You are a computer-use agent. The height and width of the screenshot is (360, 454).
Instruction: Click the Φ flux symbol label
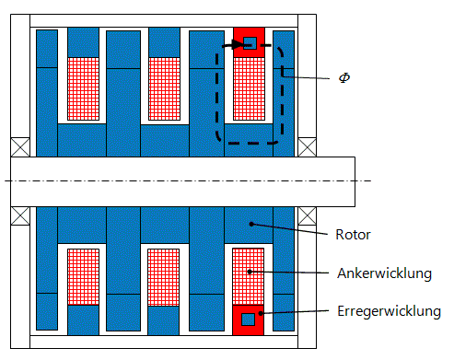click(x=344, y=79)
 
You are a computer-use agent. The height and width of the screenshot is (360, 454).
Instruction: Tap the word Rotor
click(x=352, y=235)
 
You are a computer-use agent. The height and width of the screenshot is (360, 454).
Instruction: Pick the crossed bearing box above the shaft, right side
click(x=306, y=146)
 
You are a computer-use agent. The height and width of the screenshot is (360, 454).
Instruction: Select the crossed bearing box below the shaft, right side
click(x=306, y=215)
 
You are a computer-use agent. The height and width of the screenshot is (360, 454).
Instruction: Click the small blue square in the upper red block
click(x=249, y=41)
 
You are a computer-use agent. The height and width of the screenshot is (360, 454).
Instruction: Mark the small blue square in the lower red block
click(x=248, y=319)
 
